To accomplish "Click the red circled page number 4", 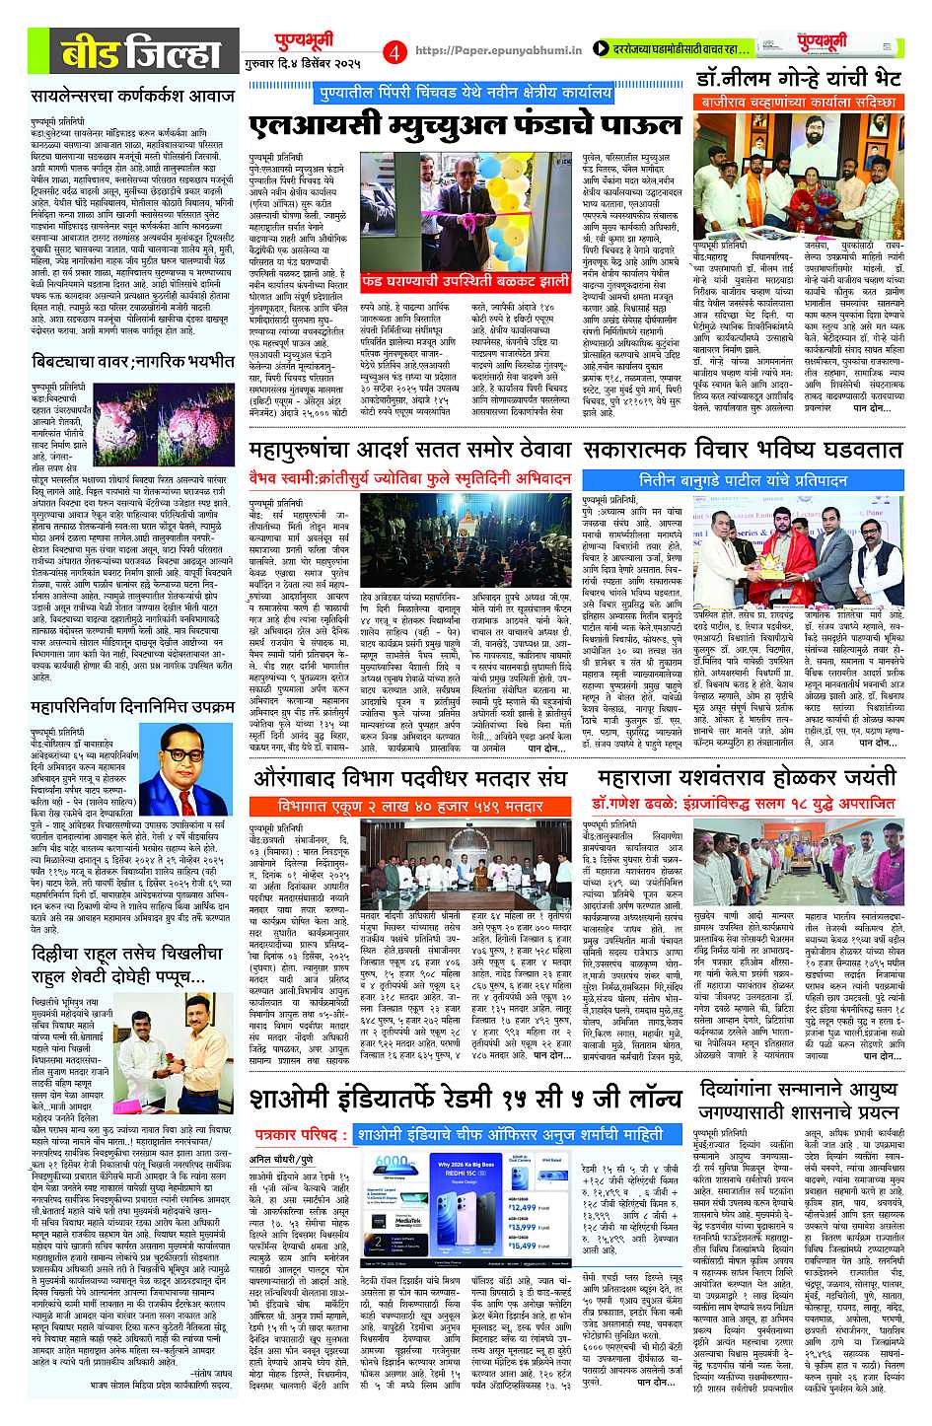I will [x=396, y=50].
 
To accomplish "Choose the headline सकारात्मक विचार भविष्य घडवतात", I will [x=742, y=451].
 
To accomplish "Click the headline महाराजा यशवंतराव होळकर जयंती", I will [x=742, y=775].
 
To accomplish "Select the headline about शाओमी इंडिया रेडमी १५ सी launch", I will [x=464, y=1098].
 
